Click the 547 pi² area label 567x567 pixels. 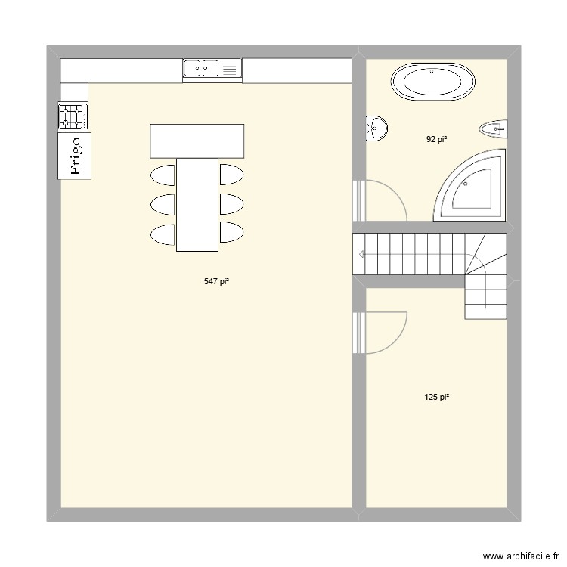click(216, 281)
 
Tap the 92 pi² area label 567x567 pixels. click(436, 139)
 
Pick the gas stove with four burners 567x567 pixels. click(73, 116)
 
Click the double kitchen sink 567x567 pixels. click(212, 70)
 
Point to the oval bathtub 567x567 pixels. click(433, 82)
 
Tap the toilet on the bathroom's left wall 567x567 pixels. click(376, 129)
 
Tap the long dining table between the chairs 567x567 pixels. click(197, 204)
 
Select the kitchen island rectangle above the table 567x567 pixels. click(197, 141)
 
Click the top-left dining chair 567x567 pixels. click(163, 175)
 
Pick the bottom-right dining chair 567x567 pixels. click(231, 234)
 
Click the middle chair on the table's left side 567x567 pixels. click(163, 204)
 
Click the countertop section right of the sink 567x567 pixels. click(297, 70)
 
